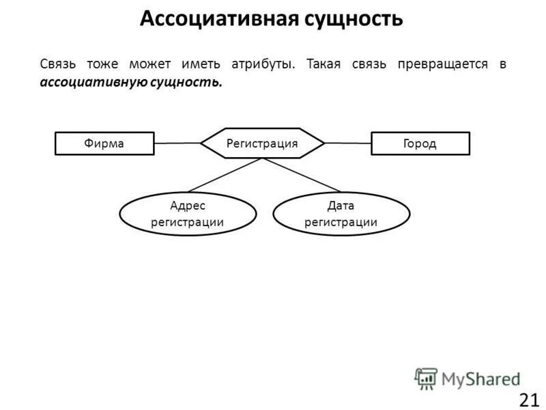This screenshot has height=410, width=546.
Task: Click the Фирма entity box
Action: (104, 143)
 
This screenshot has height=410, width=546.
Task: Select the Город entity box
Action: (420, 143)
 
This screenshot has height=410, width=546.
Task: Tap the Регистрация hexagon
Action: (262, 143)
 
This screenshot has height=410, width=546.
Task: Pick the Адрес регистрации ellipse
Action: (188, 214)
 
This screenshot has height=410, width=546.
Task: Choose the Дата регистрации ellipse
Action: (341, 214)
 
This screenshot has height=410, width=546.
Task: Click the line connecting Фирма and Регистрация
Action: (177, 143)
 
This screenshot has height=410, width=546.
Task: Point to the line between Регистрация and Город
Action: (347, 143)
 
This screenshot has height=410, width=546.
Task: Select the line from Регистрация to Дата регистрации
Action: (302, 175)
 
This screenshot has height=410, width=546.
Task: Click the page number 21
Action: (529, 400)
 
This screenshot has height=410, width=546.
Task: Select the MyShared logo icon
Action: (425, 378)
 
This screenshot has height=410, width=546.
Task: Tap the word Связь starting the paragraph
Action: (58, 64)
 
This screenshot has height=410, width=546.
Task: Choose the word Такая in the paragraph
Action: (324, 64)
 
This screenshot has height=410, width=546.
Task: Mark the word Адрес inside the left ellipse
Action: (188, 206)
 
